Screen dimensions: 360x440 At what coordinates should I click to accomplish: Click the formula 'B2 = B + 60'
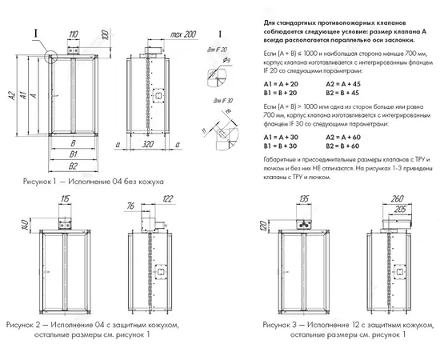coord(344,146)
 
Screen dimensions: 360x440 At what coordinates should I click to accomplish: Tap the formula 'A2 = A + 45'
coord(344,83)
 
